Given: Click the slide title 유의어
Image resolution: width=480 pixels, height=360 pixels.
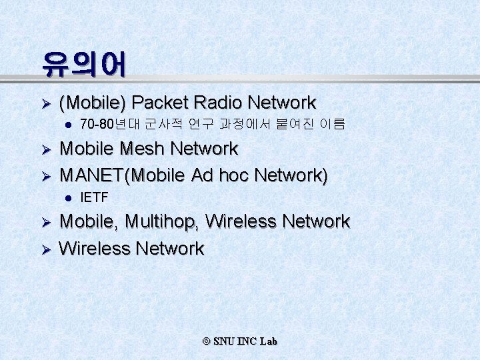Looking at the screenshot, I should [83, 64].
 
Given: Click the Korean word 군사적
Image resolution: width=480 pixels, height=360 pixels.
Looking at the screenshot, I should [158, 125].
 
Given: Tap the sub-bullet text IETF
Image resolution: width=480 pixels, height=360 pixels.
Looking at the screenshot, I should [93, 197].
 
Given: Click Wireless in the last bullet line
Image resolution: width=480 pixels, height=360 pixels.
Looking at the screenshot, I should [95, 249].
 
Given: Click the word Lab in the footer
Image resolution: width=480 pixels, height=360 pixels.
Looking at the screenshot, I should [269, 341].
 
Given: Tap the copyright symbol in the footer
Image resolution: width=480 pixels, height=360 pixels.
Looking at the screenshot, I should [206, 341].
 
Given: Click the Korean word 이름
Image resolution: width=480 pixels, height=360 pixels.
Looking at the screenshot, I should [332, 125].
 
